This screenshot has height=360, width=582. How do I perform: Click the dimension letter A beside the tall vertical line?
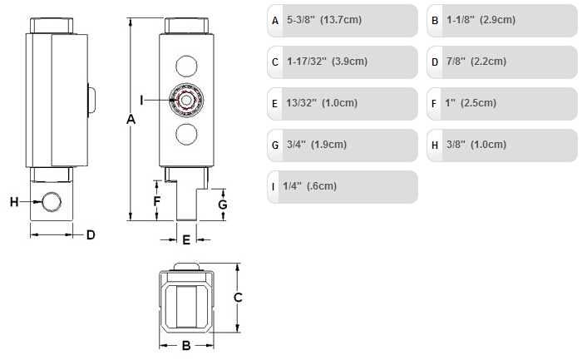(x=131, y=120)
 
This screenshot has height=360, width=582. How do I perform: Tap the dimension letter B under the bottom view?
(x=186, y=346)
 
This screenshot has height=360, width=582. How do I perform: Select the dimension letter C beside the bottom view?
(x=238, y=298)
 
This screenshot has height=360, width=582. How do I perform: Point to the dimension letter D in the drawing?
(x=91, y=235)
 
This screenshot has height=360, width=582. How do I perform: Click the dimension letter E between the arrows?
(x=186, y=239)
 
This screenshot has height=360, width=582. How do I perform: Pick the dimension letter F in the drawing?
(x=157, y=201)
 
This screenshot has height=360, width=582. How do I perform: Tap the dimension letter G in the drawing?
(x=223, y=205)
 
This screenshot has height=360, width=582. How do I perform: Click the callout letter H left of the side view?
(x=14, y=202)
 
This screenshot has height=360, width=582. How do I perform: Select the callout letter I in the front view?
(x=141, y=100)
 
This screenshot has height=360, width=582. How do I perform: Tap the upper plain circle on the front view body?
(x=186, y=66)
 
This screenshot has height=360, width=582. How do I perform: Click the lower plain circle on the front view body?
(x=186, y=134)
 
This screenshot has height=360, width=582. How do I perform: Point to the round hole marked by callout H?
(x=52, y=202)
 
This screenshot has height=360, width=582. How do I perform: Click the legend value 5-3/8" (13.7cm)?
(x=324, y=20)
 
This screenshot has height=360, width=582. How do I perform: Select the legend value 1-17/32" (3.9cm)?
(x=327, y=62)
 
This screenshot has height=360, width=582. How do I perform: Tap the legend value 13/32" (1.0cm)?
(x=322, y=103)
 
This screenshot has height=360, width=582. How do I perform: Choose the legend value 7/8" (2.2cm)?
(x=476, y=62)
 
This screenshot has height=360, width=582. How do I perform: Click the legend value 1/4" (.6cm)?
(x=309, y=186)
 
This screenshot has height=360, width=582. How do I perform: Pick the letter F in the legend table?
(x=433, y=104)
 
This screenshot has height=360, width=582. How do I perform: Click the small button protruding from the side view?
(x=91, y=100)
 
